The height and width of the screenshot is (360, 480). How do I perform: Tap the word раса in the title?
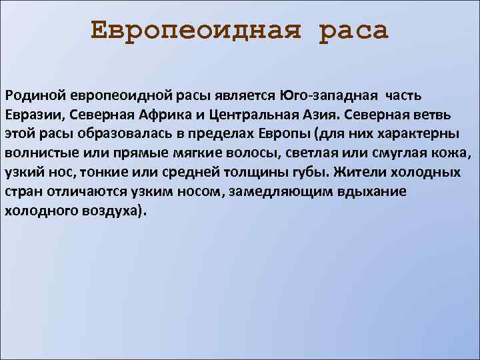tap(353, 31)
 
